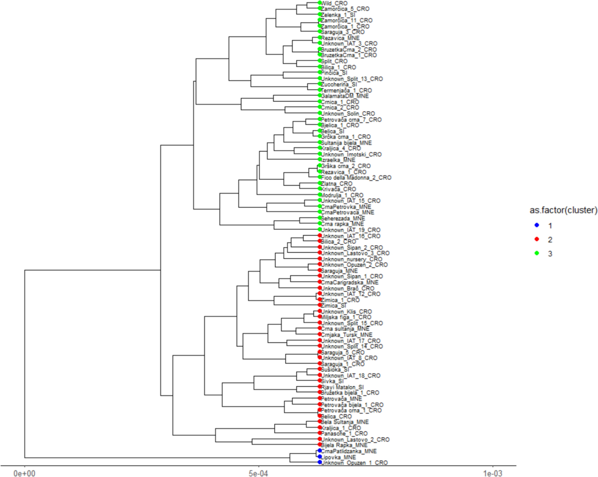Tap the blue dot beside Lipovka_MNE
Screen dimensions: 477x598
(x=319, y=457)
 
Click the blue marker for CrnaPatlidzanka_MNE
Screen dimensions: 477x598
(x=319, y=451)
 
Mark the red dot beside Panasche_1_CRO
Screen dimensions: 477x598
(x=319, y=434)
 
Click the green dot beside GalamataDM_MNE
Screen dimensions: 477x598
(x=319, y=96)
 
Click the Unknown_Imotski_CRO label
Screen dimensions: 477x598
(x=351, y=154)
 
